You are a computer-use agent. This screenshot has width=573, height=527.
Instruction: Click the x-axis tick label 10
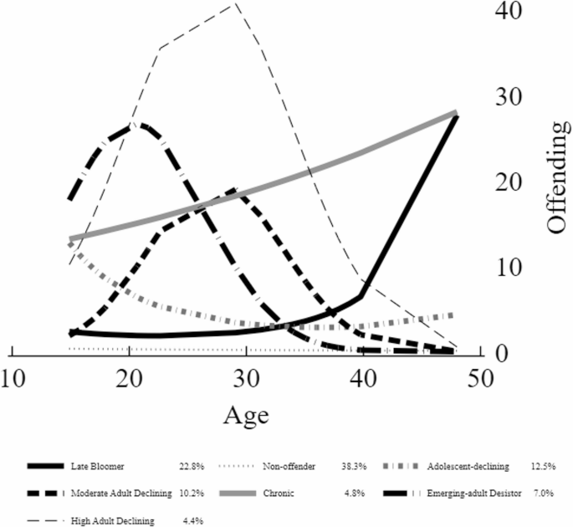[x=12, y=377]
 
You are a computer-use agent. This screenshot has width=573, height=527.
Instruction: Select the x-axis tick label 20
[x=129, y=377]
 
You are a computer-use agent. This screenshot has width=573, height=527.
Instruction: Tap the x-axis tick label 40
[x=361, y=377]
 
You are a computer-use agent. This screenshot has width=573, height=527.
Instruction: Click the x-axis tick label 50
[x=477, y=377]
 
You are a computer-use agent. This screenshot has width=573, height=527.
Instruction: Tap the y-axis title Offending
[x=557, y=176]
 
